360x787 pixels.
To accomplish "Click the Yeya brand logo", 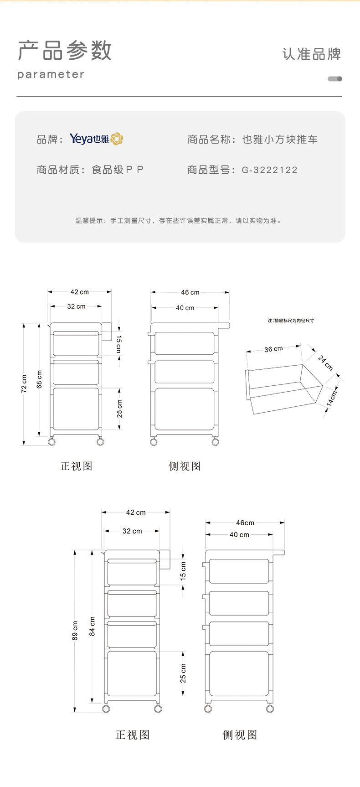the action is [96, 139].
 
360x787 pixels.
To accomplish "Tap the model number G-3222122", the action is [269, 170].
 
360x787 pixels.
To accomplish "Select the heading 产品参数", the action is [65, 50].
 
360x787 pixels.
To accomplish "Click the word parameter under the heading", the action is [51, 74].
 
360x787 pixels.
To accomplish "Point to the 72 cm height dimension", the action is [24, 383].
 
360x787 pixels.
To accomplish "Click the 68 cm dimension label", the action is [40, 379].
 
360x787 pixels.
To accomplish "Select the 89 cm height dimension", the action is [75, 630].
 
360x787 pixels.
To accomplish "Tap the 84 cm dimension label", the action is [93, 626].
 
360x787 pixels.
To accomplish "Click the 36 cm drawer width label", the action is [273, 349].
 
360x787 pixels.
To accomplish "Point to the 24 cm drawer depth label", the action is [325, 362].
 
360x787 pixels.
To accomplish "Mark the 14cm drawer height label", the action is [332, 398].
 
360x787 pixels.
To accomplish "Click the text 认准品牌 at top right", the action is [312, 54].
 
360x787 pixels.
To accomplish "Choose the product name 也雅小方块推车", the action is [280, 140].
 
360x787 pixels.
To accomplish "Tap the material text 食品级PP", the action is [118, 170].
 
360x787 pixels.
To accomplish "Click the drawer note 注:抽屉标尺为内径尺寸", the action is [291, 321].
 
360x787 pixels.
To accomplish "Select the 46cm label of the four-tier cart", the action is [245, 523].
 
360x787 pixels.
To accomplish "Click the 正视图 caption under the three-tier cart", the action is [77, 466].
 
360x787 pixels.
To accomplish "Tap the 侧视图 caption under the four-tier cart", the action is [240, 735].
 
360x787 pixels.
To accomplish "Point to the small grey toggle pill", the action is [335, 79].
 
